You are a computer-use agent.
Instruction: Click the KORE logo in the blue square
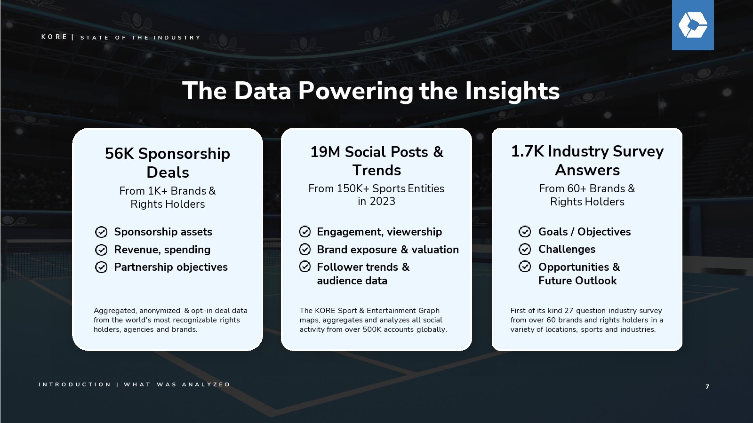[693, 25]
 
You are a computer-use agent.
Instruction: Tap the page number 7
[707, 387]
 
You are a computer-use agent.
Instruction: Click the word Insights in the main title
[513, 91]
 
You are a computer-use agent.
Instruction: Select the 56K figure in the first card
[120, 153]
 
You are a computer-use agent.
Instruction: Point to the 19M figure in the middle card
[325, 152]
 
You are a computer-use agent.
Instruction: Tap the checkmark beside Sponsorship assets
[101, 232]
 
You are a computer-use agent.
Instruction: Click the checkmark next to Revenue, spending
[101, 250]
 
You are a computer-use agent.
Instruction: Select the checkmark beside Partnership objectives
[101, 267]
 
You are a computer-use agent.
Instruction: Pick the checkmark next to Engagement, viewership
[304, 232]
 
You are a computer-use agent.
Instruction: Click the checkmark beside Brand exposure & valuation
[304, 250]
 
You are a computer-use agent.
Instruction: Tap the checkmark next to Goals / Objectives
[525, 232]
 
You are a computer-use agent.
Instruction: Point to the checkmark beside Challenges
[525, 249]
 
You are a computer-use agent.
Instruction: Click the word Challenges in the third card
[567, 249]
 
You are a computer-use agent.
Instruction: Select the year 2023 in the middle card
[383, 201]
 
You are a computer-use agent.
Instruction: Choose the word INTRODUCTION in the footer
[75, 384]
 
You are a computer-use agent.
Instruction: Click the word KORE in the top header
[54, 37]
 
